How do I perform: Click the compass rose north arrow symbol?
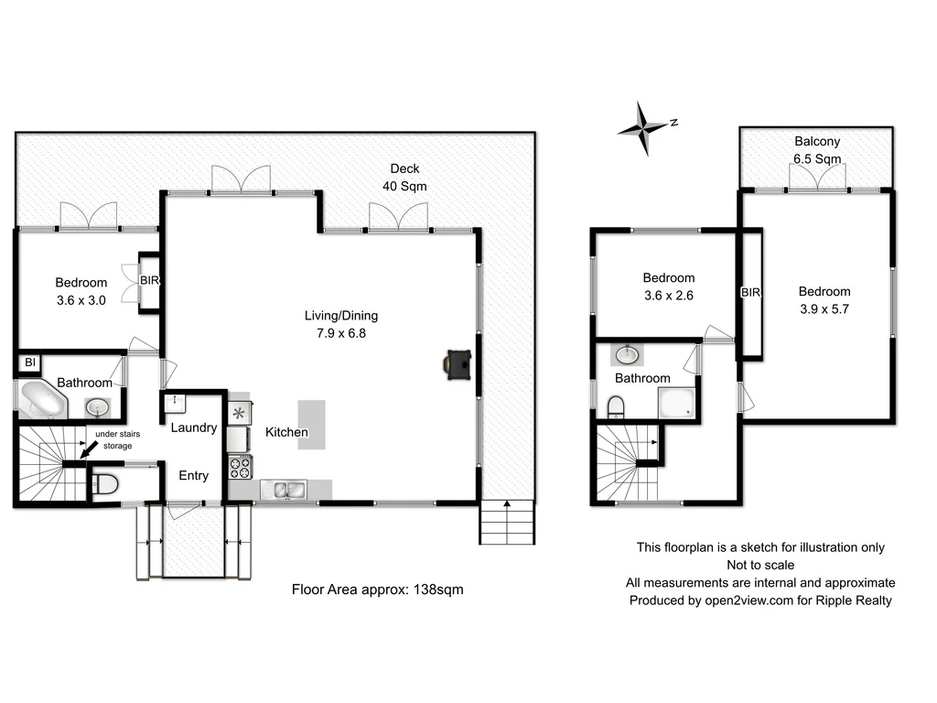tap(645, 126)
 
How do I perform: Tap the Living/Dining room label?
tap(340, 316)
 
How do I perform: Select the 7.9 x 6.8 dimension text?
tap(340, 333)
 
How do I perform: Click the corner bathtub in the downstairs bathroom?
tap(42, 402)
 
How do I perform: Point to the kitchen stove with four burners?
tap(240, 468)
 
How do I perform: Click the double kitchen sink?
tap(285, 491)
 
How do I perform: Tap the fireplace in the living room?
tap(457, 362)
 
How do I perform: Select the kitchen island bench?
tap(311, 424)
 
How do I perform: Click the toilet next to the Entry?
tap(104, 485)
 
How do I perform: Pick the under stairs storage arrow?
tap(86, 449)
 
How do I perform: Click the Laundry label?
tap(193, 427)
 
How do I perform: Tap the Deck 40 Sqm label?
tap(404, 177)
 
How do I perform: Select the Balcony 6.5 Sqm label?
tap(817, 150)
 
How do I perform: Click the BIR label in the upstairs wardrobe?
tap(750, 293)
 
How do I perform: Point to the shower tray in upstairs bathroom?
tap(676, 404)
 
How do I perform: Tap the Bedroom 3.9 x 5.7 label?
tap(824, 300)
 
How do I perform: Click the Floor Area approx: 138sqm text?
tap(377, 589)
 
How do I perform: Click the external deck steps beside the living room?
tap(506, 523)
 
